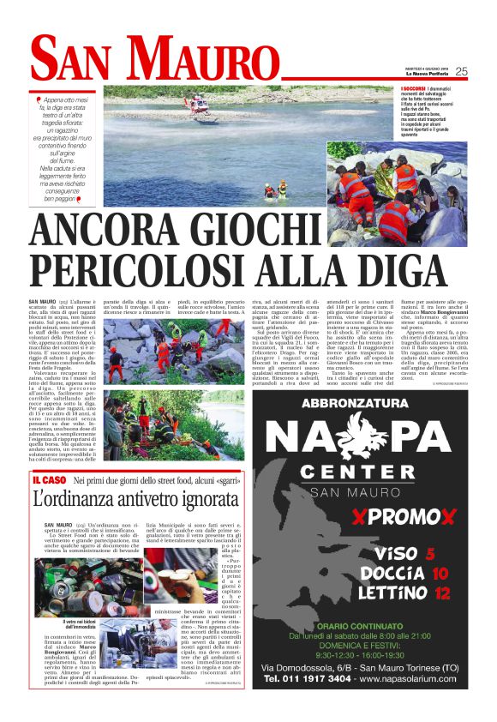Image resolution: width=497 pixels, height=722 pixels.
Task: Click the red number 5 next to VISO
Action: pos(431,553)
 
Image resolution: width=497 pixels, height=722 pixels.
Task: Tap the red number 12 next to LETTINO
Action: pos(442,592)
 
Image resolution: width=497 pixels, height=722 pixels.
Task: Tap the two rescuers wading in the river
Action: pos(275,189)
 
